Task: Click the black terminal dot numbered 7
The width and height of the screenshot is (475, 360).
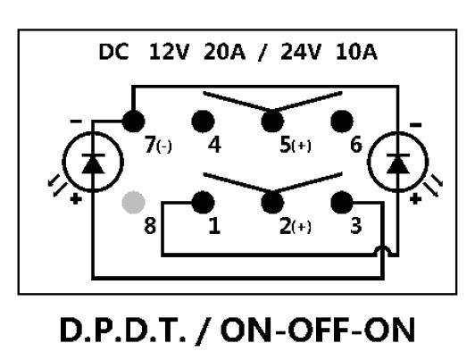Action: tap(133, 121)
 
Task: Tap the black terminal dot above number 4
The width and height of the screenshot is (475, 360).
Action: tap(203, 121)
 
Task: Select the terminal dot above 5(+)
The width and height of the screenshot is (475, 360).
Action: tap(272, 121)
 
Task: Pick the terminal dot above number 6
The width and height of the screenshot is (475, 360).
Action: tap(342, 121)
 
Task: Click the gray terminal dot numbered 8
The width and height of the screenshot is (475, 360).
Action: tap(133, 203)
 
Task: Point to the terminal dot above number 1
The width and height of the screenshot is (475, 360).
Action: tap(203, 203)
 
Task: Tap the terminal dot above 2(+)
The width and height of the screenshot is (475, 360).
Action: tap(272, 203)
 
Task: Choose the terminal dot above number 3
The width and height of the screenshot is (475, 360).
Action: tap(342, 203)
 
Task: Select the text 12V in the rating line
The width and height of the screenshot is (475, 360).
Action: tap(169, 52)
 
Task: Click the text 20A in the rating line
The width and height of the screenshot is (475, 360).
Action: tap(224, 52)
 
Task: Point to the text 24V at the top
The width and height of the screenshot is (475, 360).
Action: tap(300, 52)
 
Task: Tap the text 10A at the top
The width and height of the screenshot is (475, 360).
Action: tap(356, 52)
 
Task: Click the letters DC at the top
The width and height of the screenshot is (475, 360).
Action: tap(113, 52)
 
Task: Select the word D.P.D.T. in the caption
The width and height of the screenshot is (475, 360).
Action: tap(123, 330)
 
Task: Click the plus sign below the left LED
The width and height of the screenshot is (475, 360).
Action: tap(76, 199)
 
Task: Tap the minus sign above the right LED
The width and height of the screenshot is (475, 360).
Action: tap(415, 124)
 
